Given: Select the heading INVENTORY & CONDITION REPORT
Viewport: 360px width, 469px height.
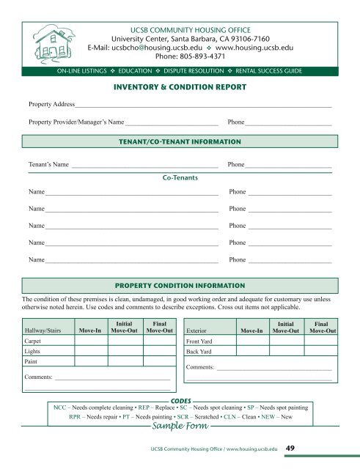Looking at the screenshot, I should pos(180,88).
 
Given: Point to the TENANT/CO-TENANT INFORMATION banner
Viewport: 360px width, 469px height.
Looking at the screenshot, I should pos(180,139).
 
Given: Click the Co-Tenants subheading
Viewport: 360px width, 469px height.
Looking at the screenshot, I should pos(180,177).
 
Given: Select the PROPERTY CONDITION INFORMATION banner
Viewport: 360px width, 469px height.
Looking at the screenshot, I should pos(180,284).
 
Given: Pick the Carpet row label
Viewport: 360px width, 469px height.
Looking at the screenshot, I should pos(32,341).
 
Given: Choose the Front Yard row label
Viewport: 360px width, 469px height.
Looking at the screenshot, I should pos(201,341).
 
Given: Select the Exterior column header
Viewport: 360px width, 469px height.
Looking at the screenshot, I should pos(201,330).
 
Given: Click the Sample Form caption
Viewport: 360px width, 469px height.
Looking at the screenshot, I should pos(180,426).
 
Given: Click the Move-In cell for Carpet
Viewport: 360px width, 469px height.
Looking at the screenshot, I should pos(90,341).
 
